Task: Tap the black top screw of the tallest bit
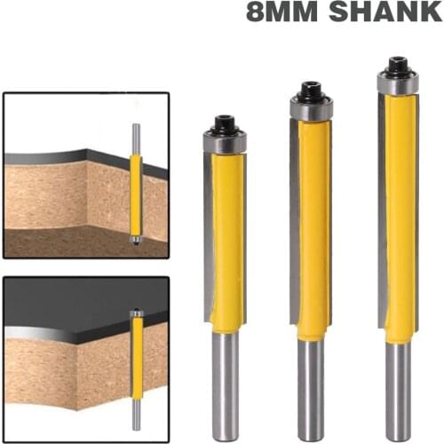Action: pos(396,66)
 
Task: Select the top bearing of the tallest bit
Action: pos(397,83)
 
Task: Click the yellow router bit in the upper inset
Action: pos(136,195)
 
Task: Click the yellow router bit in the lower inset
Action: pos(136,355)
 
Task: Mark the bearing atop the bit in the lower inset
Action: pos(136,313)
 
